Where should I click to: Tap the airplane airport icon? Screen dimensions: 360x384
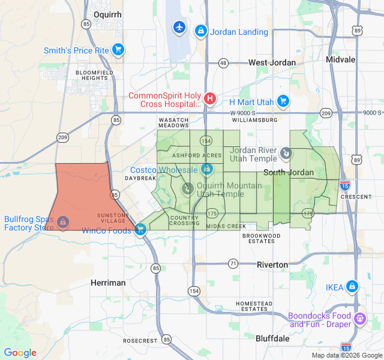coord(179,27)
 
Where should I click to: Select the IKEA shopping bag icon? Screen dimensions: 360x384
coord(352,287)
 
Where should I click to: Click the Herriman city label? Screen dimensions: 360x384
coord(108,283)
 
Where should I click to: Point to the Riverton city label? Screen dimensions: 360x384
coord(272,265)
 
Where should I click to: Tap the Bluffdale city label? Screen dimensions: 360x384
coord(272,338)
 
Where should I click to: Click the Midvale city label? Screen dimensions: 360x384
coord(340,59)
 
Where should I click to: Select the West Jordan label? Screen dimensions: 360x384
coord(272,62)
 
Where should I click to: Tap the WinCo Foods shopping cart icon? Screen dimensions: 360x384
coord(140,229)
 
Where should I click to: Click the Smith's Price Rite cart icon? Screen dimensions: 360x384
coord(118,50)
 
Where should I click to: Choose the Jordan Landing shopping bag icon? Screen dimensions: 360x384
coord(201,31)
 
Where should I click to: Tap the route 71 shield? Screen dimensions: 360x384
coord(233,263)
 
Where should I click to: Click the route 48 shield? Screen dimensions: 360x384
coord(223,62)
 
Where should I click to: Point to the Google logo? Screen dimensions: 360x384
coord(20,353)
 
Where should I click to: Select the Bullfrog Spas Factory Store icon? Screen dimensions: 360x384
coord(62,223)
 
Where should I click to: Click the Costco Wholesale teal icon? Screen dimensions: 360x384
coord(206,170)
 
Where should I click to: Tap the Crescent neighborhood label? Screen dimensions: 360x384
coord(359,196)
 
